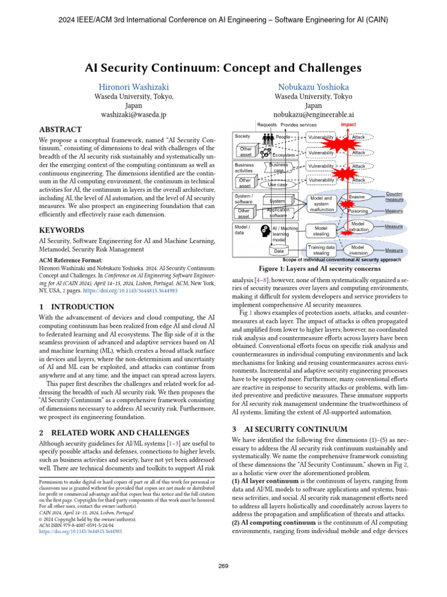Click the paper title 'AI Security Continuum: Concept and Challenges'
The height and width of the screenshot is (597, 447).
pos(223,68)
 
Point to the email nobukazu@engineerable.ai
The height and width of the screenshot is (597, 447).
pos(313,115)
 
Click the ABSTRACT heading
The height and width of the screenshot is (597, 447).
pos(60,129)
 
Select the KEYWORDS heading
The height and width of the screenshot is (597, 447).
pos(62,230)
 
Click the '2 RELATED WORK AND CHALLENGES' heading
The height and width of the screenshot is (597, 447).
pos(113,433)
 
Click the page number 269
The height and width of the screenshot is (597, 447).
pos(223,566)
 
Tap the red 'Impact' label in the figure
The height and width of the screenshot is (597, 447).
pos(348,125)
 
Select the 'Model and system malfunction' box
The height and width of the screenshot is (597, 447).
pos(321,205)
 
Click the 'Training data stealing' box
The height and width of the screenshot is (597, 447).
pos(321,250)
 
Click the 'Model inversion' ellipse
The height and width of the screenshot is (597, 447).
pos(358,250)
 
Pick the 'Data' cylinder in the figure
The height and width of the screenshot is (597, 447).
pos(279,251)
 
